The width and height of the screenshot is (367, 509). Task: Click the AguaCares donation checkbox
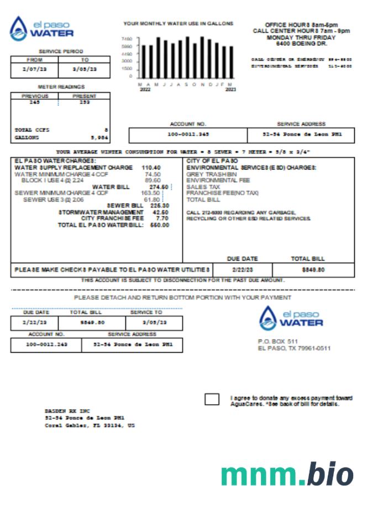212,400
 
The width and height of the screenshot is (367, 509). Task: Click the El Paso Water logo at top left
42,29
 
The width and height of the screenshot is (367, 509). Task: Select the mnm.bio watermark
287,475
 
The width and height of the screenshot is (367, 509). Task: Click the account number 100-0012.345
188,134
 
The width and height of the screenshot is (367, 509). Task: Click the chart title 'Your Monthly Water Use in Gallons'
179,24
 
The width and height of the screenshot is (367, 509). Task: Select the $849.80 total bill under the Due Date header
313,270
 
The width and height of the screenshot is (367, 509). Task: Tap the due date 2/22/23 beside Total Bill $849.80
242,270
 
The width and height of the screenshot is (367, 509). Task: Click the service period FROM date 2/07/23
34,69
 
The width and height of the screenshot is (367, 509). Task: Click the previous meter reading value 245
35,102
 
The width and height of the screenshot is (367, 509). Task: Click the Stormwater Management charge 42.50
160,212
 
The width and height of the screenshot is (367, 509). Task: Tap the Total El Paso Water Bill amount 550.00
160,225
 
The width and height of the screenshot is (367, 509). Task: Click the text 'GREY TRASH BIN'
212,174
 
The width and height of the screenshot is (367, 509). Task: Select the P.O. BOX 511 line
277,341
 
